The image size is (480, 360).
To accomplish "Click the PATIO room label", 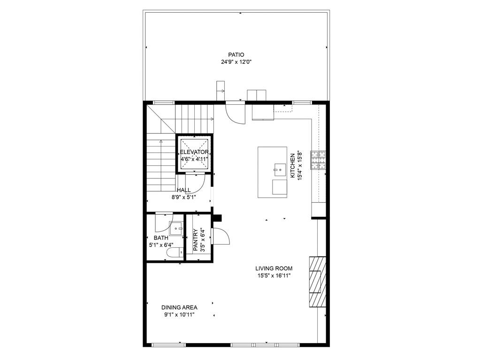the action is [236, 55].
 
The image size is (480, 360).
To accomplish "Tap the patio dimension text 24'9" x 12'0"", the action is [236, 62].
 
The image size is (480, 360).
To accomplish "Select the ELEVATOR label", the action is [194, 152].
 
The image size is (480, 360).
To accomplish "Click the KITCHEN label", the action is [293, 165].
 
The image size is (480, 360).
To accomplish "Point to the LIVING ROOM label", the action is [274, 268].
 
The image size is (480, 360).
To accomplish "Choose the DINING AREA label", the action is [179, 307].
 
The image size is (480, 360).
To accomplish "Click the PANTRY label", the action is [196, 240].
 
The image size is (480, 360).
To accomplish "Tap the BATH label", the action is [161, 238].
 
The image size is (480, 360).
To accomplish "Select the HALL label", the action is [183, 190].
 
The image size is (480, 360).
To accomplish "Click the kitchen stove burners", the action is [319, 160].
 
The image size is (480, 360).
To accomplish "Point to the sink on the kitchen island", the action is [280, 170].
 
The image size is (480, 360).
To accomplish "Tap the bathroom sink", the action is [176, 229].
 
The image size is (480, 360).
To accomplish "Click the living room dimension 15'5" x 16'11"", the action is [274, 276].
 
